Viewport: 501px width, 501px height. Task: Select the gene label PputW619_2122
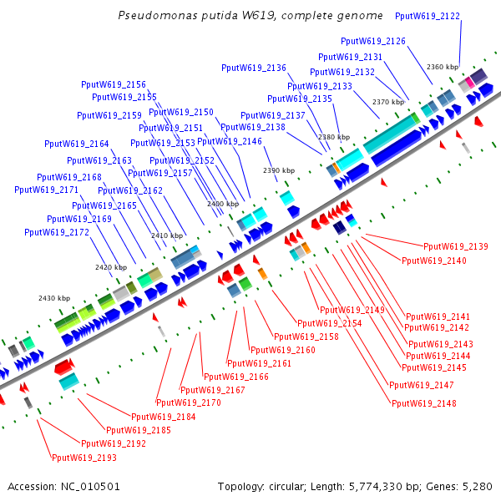pyautogui.click(x=427, y=16)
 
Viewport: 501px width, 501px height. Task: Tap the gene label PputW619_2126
pyautogui.click(x=373, y=41)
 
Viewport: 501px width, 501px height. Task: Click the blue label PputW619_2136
pyautogui.click(x=254, y=68)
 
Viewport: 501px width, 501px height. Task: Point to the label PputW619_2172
pyautogui.click(x=57, y=232)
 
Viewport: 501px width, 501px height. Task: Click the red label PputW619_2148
pyautogui.click(x=424, y=403)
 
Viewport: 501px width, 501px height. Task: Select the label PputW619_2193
pyautogui.click(x=84, y=458)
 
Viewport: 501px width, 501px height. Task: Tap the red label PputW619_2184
pyautogui.click(x=163, y=417)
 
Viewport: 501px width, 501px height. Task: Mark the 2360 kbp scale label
pyautogui.click(x=443, y=67)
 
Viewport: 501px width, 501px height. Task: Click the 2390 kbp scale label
pyautogui.click(x=279, y=170)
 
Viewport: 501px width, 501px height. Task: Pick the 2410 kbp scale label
pyautogui.click(x=166, y=236)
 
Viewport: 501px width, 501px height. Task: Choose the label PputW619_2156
pyautogui.click(x=114, y=84)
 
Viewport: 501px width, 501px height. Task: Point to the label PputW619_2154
pyautogui.click(x=330, y=322)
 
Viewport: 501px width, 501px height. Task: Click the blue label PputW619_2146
pyautogui.click(x=230, y=141)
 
